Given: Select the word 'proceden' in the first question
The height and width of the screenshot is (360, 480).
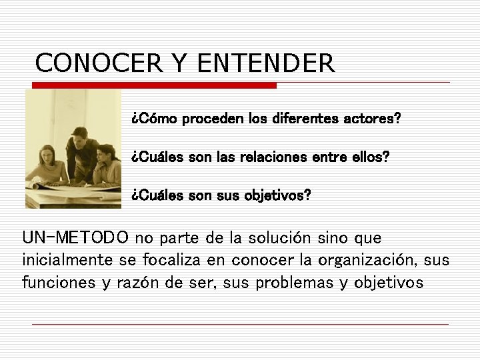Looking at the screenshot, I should pyautogui.click(x=213, y=119).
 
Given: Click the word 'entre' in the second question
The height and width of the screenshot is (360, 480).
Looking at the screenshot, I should pyautogui.click(x=327, y=158).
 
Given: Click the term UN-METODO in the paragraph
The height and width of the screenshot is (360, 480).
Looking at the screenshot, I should pyautogui.click(x=76, y=238).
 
